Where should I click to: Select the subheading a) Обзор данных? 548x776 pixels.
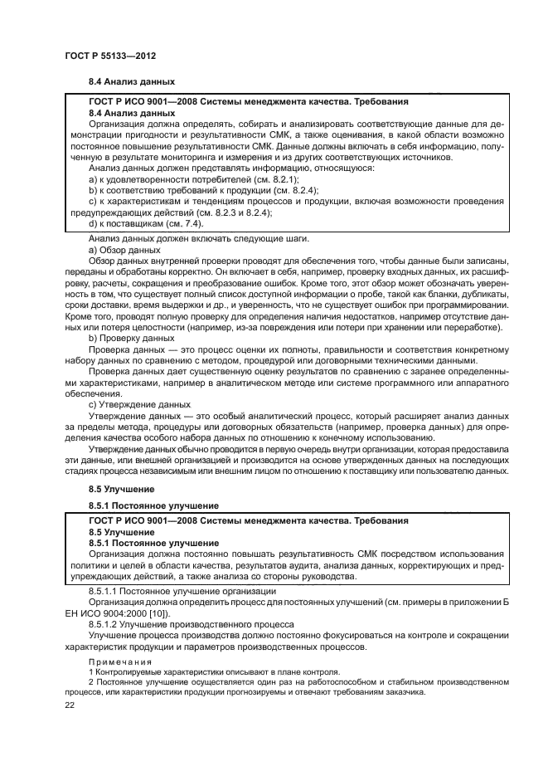point(124,250)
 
